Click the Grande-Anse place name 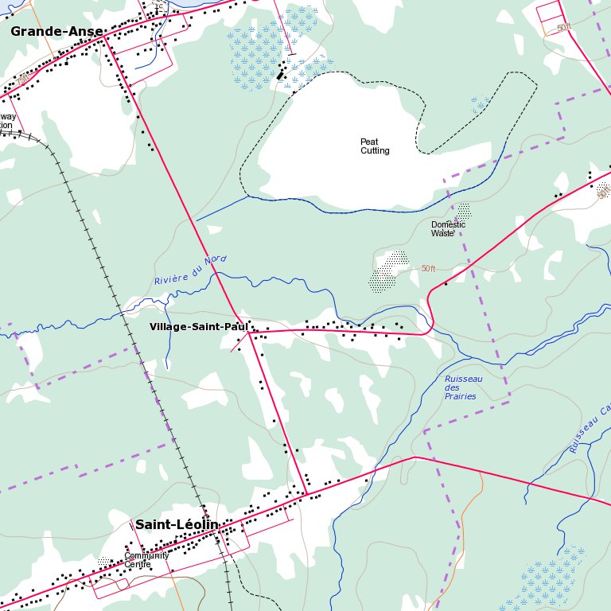(56, 32)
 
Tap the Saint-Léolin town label (176, 524)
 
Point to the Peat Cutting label (375, 146)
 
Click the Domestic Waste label (448, 229)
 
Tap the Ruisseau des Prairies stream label (462, 387)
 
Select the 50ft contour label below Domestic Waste (429, 269)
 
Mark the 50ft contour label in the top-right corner (564, 28)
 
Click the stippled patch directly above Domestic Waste (463, 211)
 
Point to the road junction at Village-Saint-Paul (249, 333)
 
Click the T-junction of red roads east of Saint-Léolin (305, 494)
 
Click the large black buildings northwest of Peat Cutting (280, 73)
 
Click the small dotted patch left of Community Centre (104, 562)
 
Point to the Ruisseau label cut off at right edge (590, 430)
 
